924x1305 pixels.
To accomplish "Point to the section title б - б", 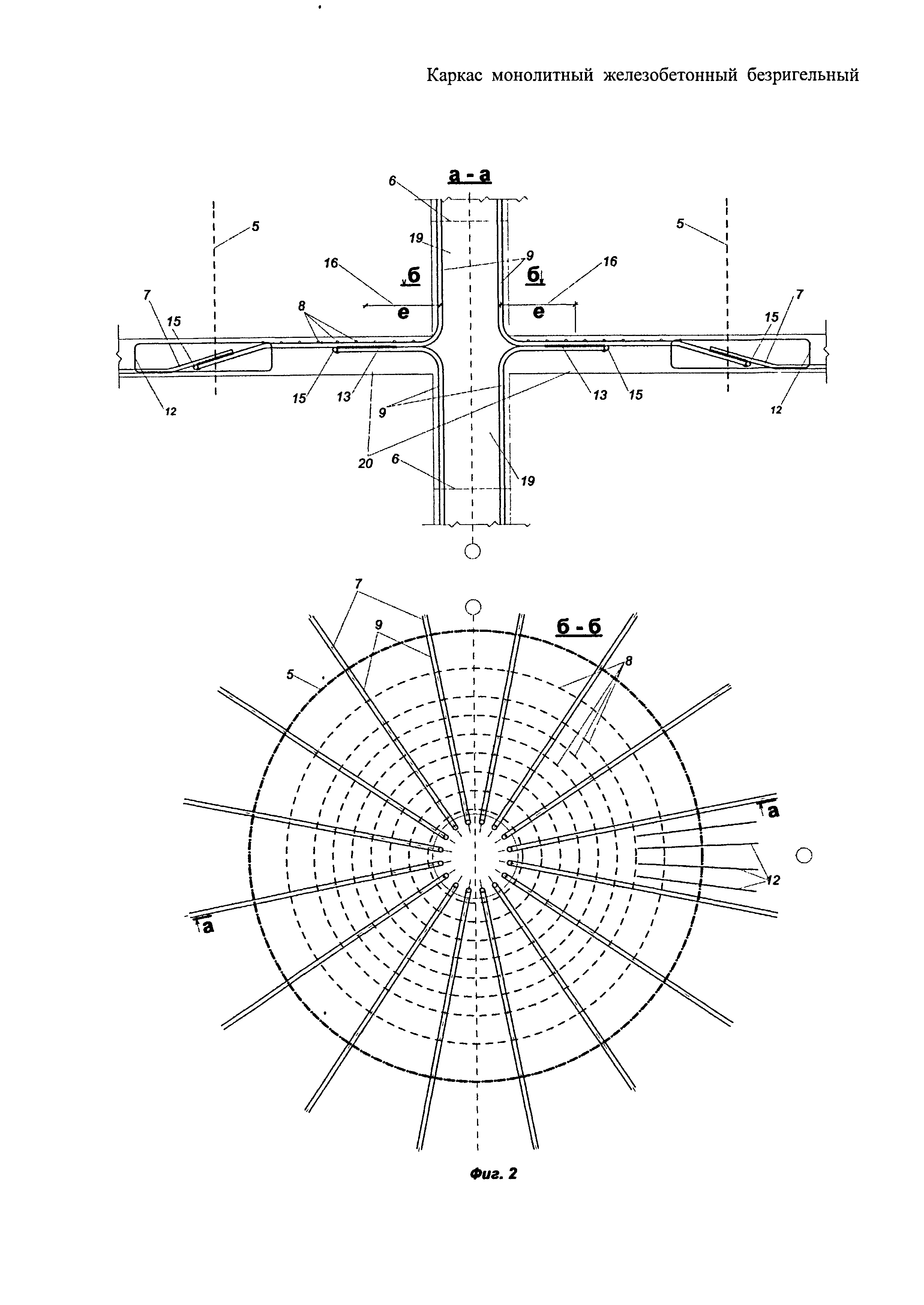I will [579, 626].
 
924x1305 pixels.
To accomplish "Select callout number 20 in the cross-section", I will [365, 463].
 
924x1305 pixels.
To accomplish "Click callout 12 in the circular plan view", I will [772, 880].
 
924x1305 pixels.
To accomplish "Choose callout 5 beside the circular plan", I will [290, 675].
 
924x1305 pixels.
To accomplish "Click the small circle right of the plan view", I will [804, 855].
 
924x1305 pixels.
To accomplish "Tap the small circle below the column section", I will [473, 550].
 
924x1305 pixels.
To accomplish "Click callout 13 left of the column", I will [343, 397].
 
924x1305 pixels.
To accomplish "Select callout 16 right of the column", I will [610, 262].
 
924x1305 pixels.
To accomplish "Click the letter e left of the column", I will [403, 313].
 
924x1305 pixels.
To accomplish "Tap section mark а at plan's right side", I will [772, 811].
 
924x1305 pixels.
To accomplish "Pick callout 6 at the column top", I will [392, 181].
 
